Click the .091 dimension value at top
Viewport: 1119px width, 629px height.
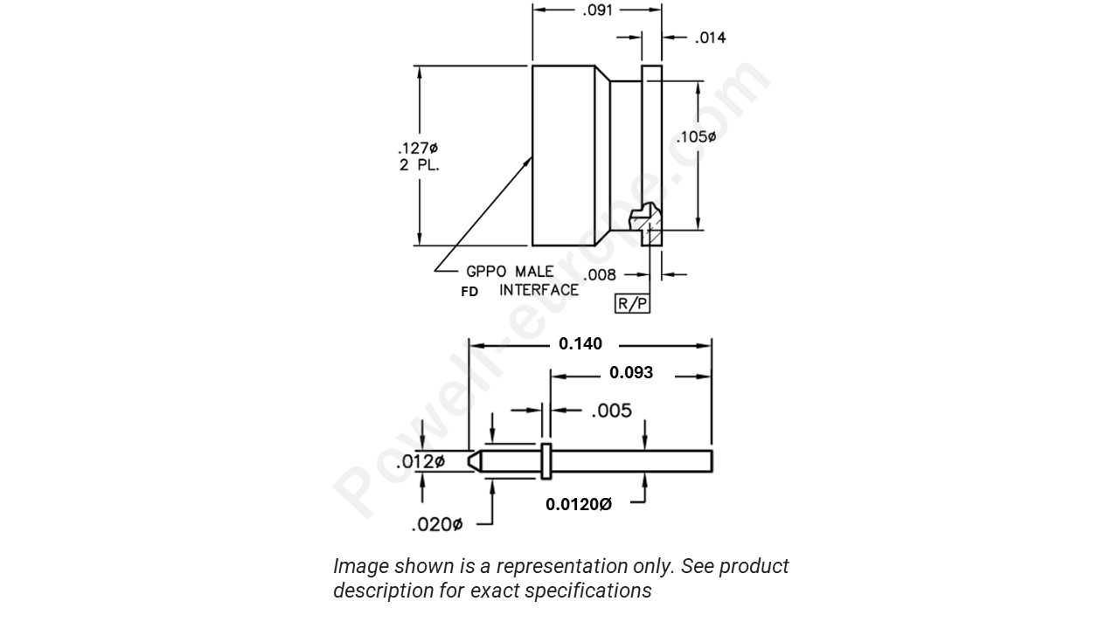click(x=598, y=10)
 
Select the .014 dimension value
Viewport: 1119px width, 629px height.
click(x=710, y=38)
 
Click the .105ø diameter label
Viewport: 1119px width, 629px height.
click(x=696, y=137)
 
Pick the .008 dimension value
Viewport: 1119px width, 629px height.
click(x=601, y=275)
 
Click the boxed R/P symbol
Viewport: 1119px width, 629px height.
click(x=633, y=303)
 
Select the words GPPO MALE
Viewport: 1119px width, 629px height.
click(x=510, y=272)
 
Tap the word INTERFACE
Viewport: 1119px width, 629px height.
click(x=539, y=290)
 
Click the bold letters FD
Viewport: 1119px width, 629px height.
click(x=469, y=292)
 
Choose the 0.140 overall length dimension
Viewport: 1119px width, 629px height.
click(x=580, y=344)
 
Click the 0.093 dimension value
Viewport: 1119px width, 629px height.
click(x=631, y=373)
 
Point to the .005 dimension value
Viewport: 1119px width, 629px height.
click(x=611, y=411)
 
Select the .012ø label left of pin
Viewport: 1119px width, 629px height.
click(x=420, y=461)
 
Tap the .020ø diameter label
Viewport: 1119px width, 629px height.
click(x=436, y=524)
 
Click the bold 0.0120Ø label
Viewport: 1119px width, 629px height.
click(x=579, y=504)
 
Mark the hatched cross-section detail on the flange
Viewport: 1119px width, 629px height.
click(x=650, y=225)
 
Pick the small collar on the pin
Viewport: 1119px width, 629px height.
click(x=546, y=460)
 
